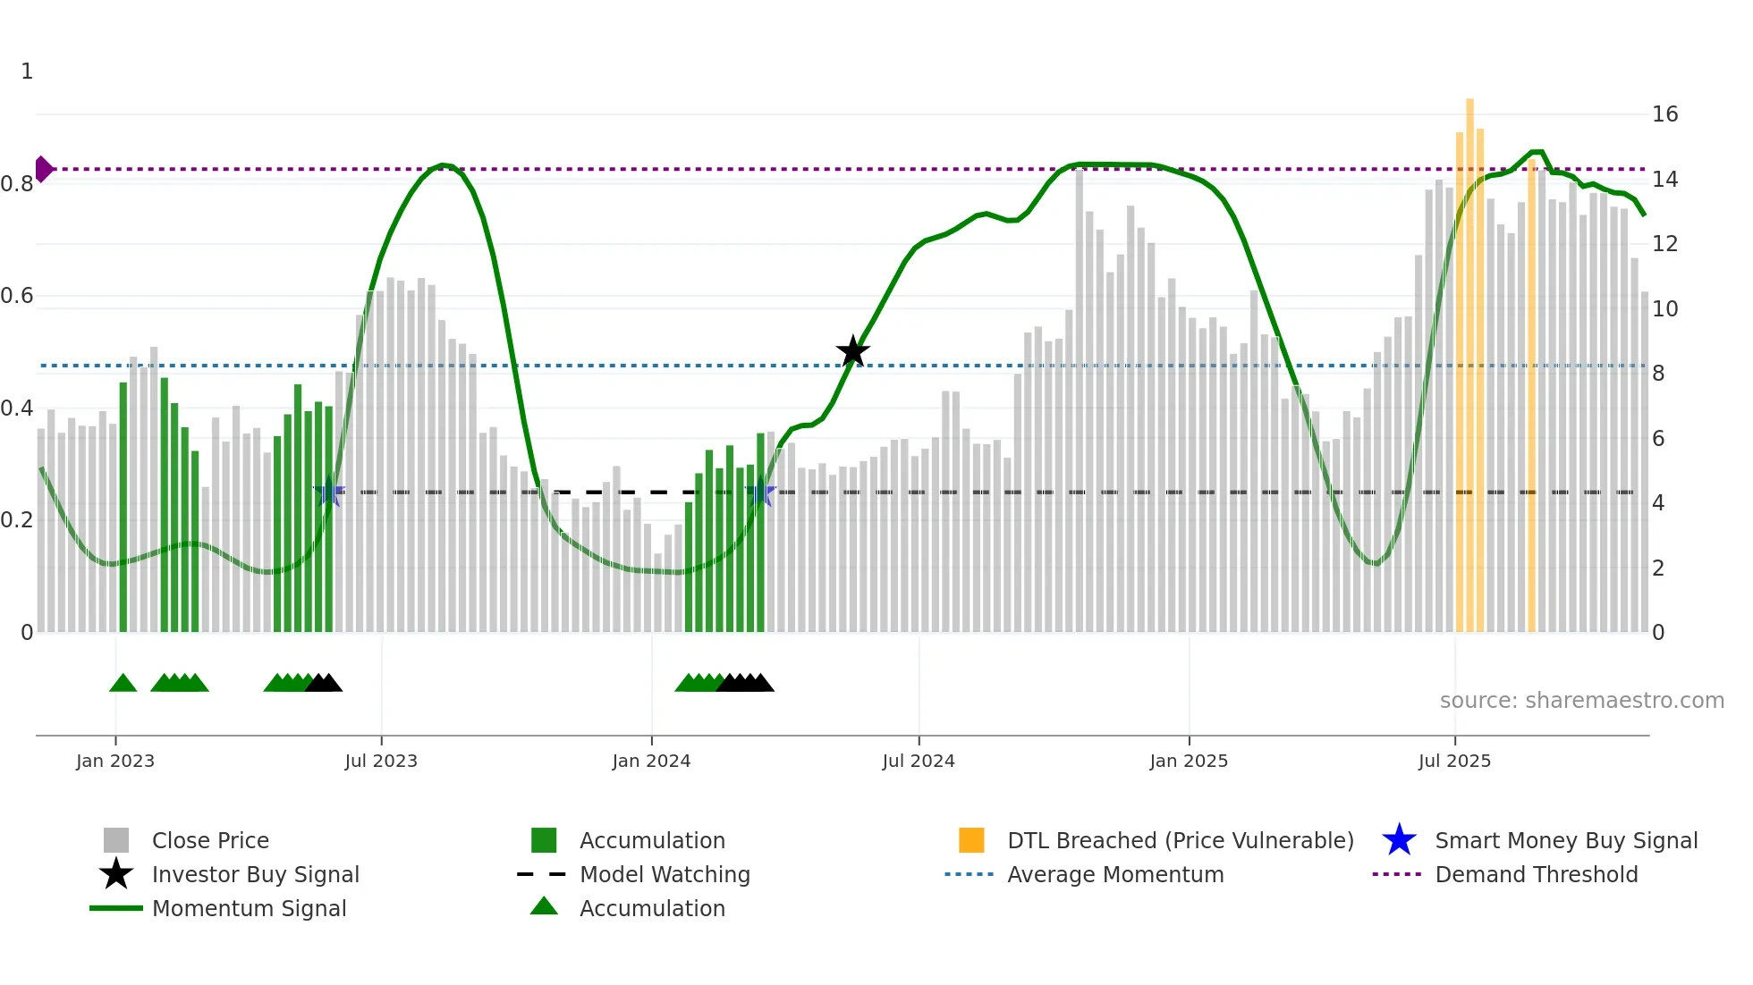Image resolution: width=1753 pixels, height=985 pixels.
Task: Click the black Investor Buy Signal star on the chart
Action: click(x=852, y=351)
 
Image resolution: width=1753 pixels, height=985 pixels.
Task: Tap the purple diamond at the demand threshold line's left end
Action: click(x=43, y=169)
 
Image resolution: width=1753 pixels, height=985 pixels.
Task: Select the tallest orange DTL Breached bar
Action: click(x=1469, y=358)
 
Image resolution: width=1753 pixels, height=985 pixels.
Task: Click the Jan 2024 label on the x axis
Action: click(x=651, y=761)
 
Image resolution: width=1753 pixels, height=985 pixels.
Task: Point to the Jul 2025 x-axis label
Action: click(x=1454, y=761)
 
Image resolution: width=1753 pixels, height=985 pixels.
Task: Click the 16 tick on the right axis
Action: click(x=1664, y=114)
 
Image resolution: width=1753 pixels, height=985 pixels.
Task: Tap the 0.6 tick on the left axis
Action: click(x=17, y=296)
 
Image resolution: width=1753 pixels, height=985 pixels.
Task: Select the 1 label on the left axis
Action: click(x=27, y=72)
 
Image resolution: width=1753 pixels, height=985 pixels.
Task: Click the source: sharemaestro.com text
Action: click(x=1581, y=701)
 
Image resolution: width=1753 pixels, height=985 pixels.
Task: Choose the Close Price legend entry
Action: click(x=210, y=840)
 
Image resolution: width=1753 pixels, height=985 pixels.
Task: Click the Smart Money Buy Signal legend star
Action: click(x=1399, y=840)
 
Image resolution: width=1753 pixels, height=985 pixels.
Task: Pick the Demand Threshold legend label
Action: click(x=1536, y=874)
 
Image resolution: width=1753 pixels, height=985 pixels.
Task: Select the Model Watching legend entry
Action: click(x=664, y=874)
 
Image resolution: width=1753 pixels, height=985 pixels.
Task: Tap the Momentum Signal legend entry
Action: click(x=249, y=908)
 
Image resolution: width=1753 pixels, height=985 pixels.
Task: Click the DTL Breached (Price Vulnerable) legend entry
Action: click(x=1180, y=840)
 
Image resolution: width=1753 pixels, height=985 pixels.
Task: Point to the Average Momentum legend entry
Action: click(x=1114, y=874)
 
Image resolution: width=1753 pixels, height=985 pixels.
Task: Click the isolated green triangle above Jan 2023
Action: click(x=123, y=684)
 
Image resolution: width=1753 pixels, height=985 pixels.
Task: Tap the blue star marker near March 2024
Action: click(x=760, y=492)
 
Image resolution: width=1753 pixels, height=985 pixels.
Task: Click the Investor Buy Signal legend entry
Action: click(x=255, y=874)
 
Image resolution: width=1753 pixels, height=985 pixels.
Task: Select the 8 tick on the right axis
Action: click(x=1658, y=374)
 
